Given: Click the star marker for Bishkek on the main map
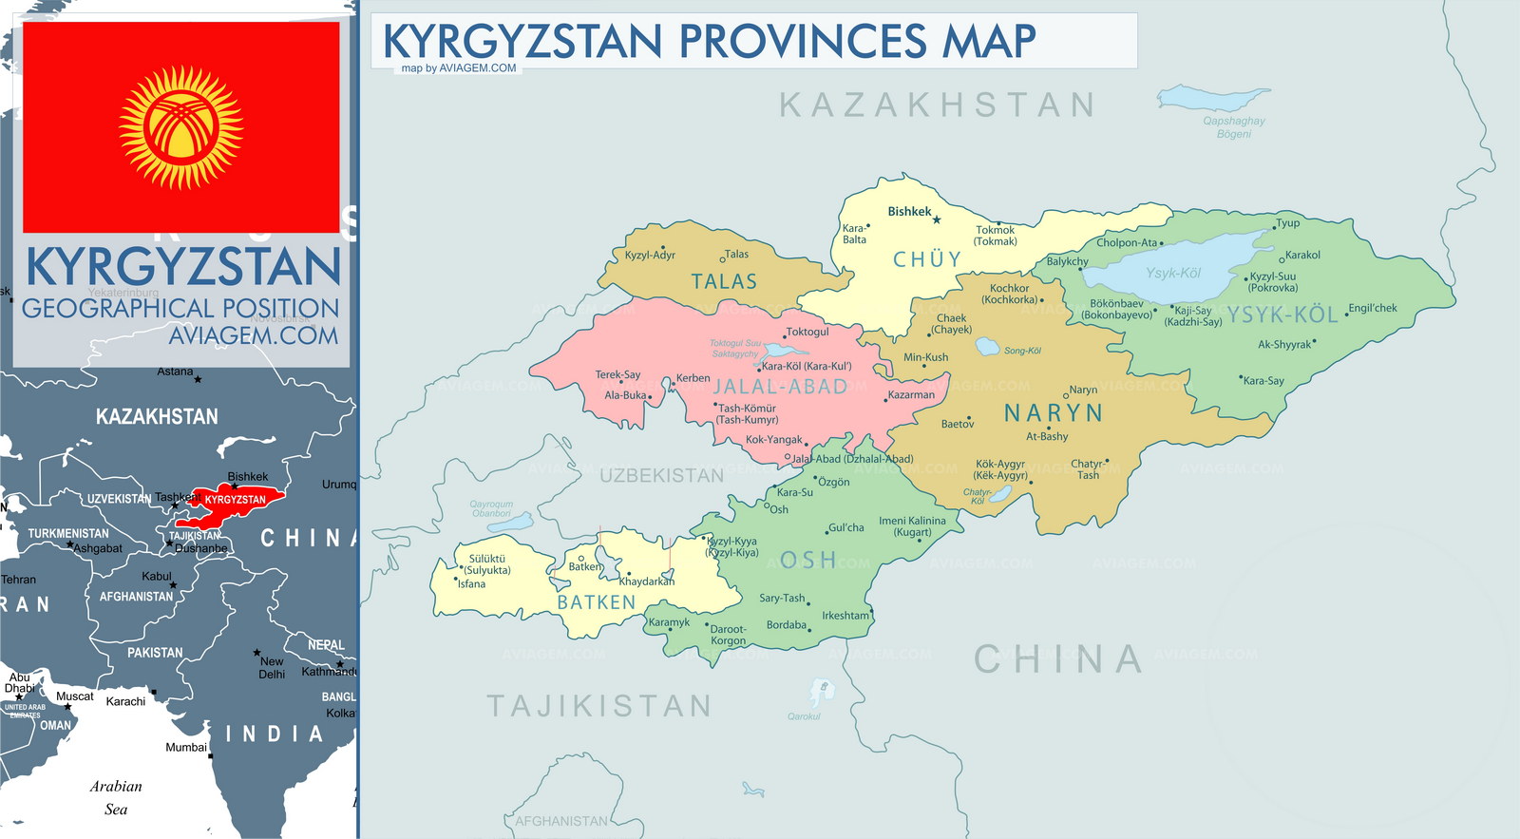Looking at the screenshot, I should pos(937,219).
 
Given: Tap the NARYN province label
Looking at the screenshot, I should pos(1054,413).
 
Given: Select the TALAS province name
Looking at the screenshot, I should pos(724,281).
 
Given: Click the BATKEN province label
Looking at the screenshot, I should pos(596,602).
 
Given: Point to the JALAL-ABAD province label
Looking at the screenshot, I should pos(780,387).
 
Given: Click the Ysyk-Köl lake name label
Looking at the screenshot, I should pos(1173,273).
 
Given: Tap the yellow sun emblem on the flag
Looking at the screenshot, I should pos(180,127).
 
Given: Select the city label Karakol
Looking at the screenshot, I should pos(1302,255).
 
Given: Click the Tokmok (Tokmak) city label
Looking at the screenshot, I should pos(996,236).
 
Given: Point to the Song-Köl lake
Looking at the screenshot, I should pos(988,348).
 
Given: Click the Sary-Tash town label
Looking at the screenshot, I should pos(782,598).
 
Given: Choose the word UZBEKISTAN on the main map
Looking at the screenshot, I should pos(661,475).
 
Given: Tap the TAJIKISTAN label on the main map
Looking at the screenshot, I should pos(599,706).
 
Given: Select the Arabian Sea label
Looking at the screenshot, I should pos(116,797).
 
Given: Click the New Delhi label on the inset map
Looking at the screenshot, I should pos(272,667).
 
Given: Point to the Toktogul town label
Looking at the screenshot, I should pos(807,332).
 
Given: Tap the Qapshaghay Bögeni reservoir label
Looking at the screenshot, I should pos(1233,127).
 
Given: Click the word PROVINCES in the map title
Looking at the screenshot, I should pos(804,42).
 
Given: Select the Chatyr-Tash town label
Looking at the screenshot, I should pos(1087,469).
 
